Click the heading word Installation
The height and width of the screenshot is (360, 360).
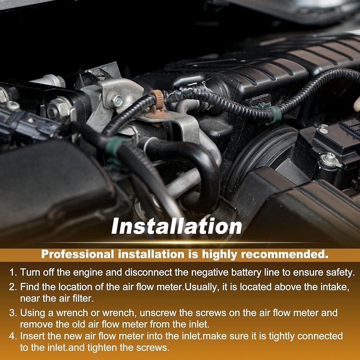point(176,226)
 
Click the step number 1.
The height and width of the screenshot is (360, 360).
point(13,273)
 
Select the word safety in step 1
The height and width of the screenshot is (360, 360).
point(341,273)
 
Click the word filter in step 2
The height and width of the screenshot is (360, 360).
point(83,298)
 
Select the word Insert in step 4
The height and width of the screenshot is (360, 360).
point(33,336)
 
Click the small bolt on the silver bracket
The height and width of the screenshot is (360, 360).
point(117,101)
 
